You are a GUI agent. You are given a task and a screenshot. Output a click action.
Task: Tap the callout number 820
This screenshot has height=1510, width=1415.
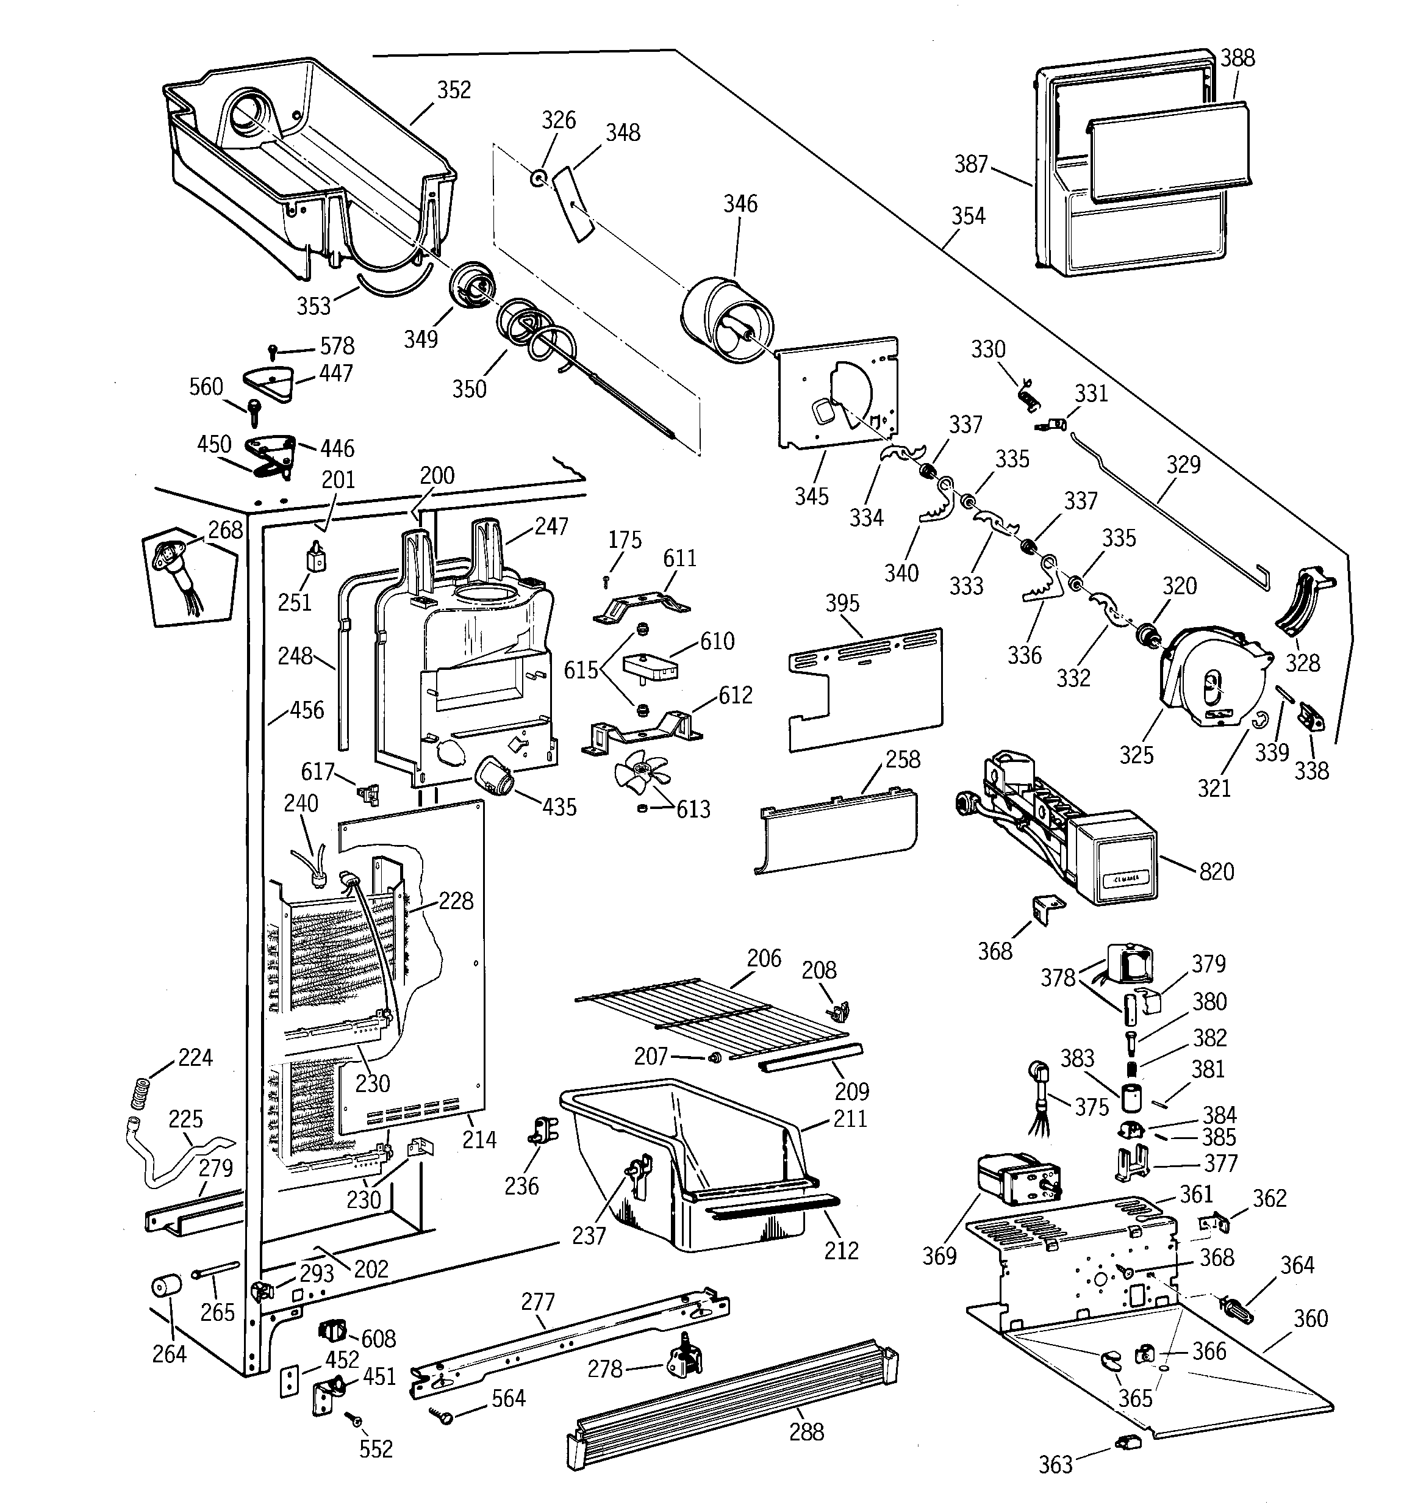click(x=1216, y=871)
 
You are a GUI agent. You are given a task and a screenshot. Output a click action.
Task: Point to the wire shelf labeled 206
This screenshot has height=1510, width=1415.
click(x=714, y=1015)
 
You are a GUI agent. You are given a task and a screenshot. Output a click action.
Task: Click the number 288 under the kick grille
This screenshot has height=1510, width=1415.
click(x=806, y=1432)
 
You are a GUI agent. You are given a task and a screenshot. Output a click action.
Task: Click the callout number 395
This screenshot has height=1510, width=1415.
click(x=842, y=603)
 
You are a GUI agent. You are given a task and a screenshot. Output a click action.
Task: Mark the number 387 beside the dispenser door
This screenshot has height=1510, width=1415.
click(x=970, y=164)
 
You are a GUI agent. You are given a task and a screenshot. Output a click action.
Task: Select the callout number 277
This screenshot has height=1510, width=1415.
click(x=538, y=1302)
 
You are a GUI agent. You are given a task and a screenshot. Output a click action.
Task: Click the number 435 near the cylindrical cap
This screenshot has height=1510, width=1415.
click(x=559, y=807)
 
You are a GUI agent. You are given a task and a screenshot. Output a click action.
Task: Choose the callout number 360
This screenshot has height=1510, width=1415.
click(x=1311, y=1318)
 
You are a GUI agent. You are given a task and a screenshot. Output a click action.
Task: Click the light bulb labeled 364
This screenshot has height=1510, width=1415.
click(x=1235, y=1308)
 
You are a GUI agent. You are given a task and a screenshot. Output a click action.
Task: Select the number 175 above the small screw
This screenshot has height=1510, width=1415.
click(x=625, y=540)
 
